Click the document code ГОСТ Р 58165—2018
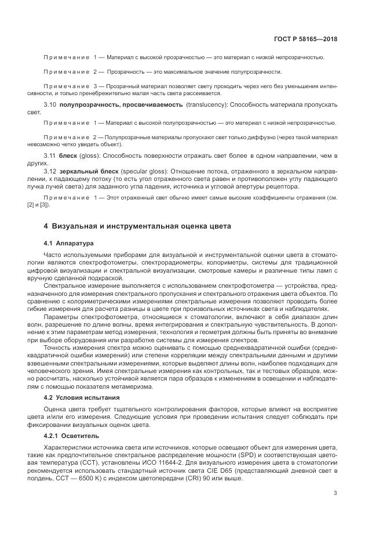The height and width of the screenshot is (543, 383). click(305, 39)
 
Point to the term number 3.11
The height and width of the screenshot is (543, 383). click(50, 157)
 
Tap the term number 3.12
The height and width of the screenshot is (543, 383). click(50, 173)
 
